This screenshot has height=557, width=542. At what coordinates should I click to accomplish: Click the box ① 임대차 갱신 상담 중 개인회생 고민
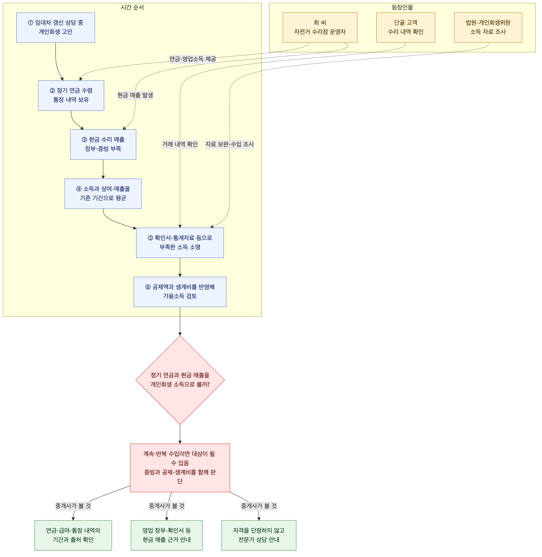coord(56,28)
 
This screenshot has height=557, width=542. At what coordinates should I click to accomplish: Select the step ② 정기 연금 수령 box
coord(71,95)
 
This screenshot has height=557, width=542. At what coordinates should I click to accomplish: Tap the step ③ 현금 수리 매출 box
coord(103,145)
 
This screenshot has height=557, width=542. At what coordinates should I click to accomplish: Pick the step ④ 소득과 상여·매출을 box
coord(103,193)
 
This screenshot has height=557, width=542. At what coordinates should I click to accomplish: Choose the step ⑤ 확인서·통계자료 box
coord(180,243)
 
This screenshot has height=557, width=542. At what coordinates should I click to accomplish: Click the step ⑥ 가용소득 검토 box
coord(180,292)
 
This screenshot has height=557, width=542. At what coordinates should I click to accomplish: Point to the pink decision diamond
coord(180,380)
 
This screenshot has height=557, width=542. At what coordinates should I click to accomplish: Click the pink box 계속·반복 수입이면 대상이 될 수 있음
coord(180,468)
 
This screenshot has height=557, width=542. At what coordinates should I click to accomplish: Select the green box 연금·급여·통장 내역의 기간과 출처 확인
coord(73,535)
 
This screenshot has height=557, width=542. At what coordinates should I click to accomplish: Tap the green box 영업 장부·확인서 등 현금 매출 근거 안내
coord(167,535)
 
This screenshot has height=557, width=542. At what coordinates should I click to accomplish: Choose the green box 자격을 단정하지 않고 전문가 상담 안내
coord(259,535)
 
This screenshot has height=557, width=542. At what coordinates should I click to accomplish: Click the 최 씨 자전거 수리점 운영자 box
coord(320,28)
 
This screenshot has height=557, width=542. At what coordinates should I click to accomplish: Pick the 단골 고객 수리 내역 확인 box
coord(406,28)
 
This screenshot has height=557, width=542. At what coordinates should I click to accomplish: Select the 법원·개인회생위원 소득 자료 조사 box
coord(488,28)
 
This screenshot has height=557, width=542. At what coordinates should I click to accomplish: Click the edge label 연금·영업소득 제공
coord(193,59)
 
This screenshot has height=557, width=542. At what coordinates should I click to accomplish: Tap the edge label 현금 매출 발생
coord(135,95)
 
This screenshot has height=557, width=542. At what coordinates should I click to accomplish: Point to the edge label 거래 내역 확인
coord(180,144)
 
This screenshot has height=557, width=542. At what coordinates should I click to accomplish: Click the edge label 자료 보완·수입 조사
coord(230,144)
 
